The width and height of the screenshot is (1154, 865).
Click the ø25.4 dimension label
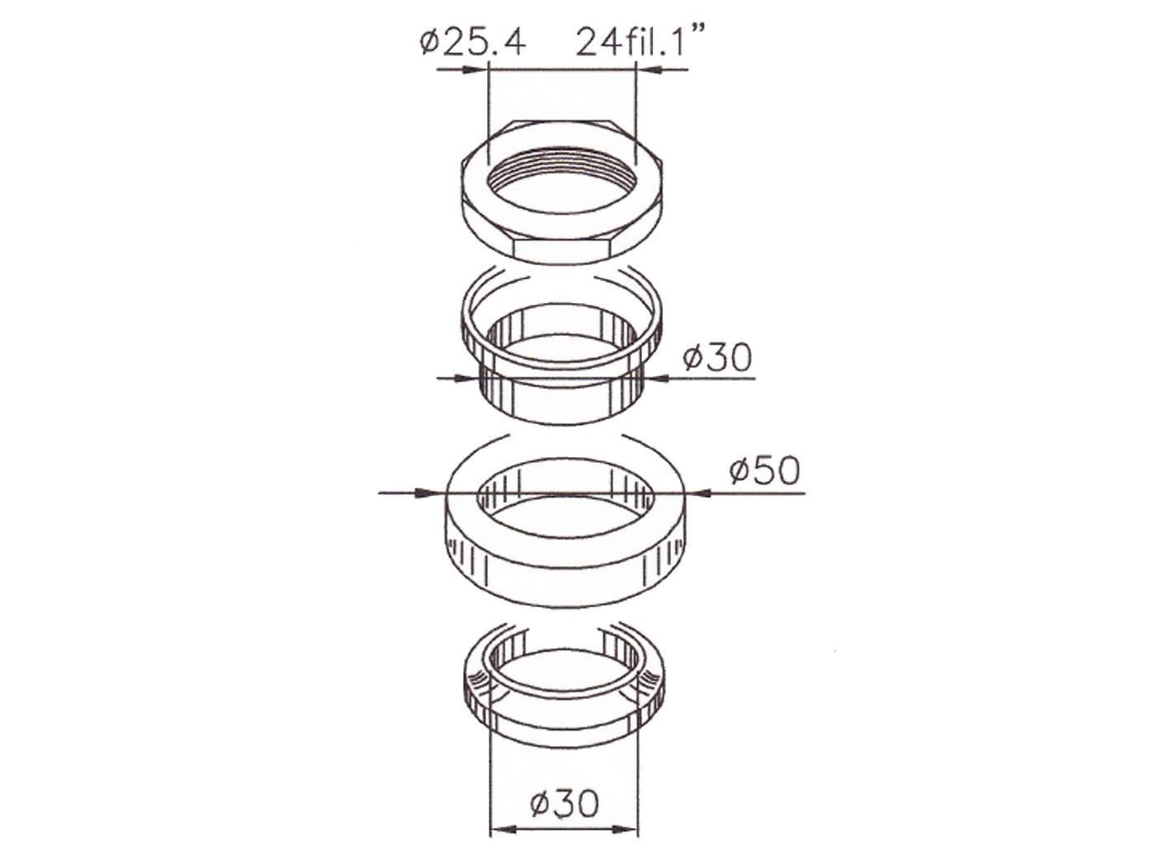pos(472,43)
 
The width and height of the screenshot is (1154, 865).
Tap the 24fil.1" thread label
pos(640,41)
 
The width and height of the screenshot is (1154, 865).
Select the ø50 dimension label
pos(764,470)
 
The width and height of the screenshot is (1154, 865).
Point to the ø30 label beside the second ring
pos(717,358)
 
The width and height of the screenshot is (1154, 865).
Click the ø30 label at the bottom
pos(564,803)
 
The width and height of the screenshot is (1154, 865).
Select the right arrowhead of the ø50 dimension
pos(701,493)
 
